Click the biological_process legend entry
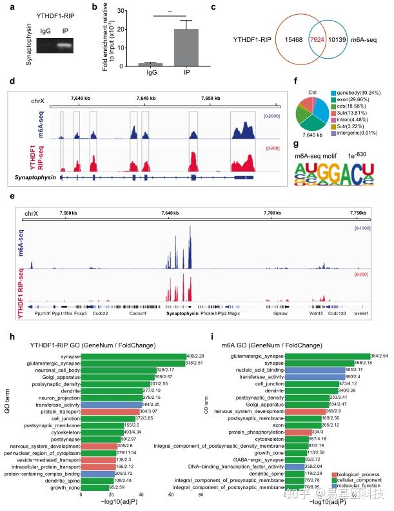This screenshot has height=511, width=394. coord(363,475)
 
